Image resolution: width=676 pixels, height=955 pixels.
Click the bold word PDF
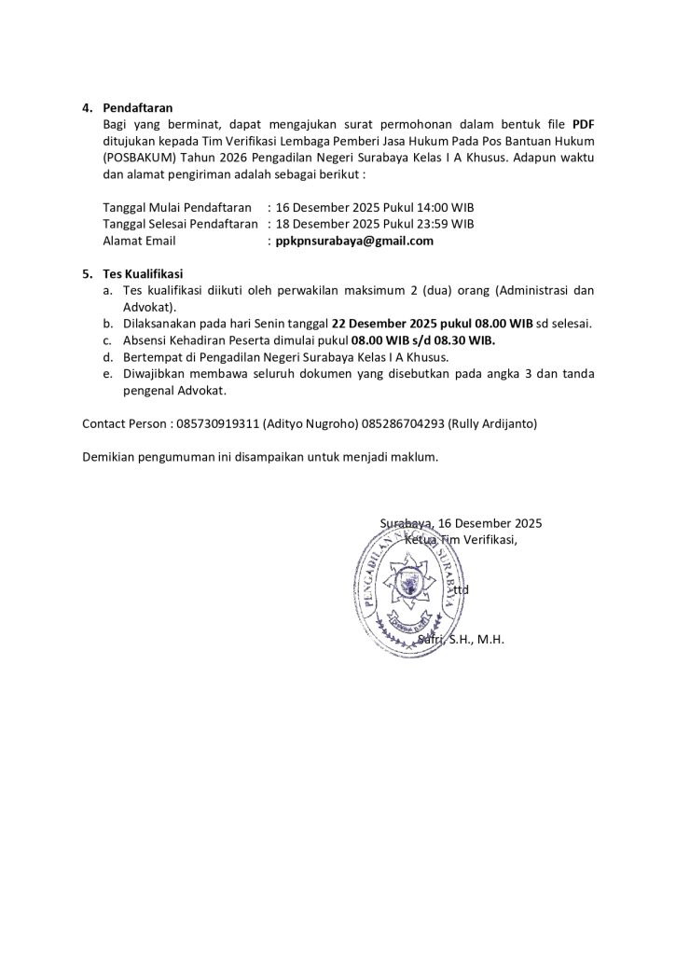[583, 123]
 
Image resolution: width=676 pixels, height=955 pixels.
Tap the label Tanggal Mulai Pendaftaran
[177, 207]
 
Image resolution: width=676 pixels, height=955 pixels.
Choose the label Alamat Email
[139, 241]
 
